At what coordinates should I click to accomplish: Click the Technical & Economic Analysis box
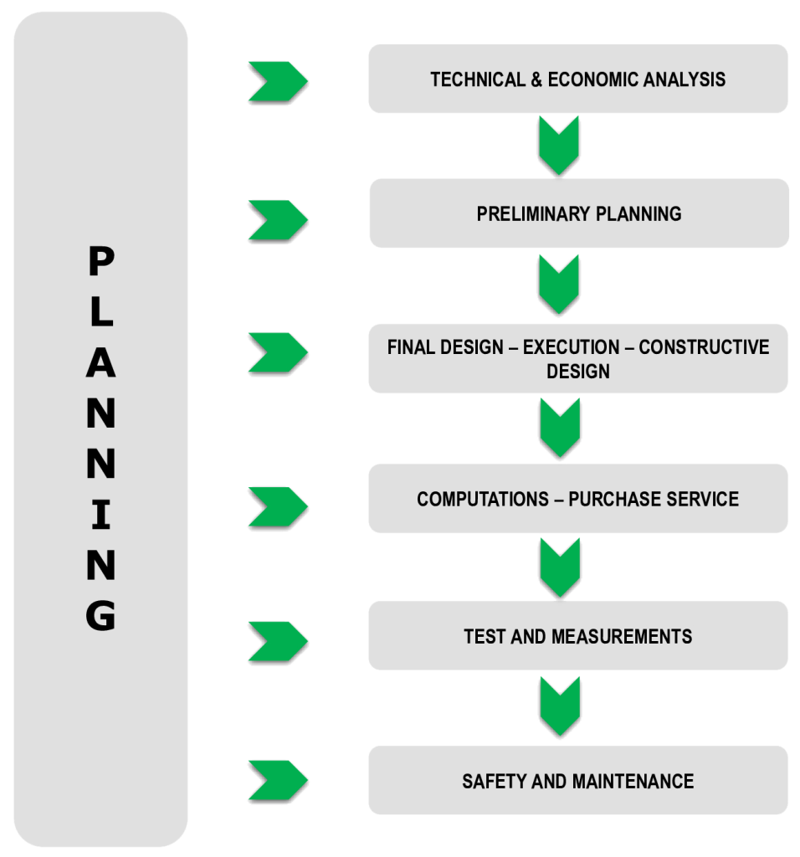click(x=578, y=79)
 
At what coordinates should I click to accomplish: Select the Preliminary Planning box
click(x=578, y=213)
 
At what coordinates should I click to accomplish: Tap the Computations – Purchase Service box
click(x=578, y=499)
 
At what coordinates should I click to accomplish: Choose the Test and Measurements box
click(x=578, y=636)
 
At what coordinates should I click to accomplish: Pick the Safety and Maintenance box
click(x=578, y=781)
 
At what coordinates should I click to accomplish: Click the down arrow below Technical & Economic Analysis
click(x=560, y=146)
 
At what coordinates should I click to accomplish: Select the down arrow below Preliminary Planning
click(x=560, y=285)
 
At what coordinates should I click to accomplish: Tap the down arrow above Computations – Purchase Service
click(x=560, y=428)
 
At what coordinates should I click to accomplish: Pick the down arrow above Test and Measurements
click(x=560, y=567)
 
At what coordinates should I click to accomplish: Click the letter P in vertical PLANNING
click(x=101, y=264)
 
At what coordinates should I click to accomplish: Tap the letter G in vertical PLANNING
click(x=101, y=615)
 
